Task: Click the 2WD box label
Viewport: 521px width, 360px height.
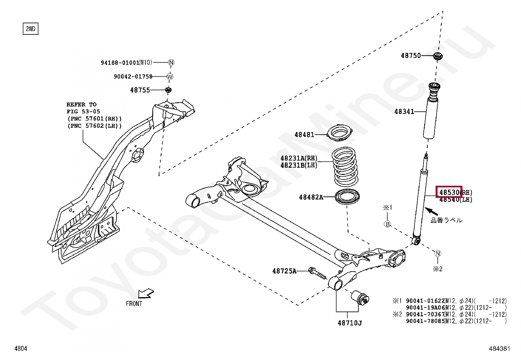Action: [30, 29]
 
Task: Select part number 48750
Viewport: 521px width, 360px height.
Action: [411, 56]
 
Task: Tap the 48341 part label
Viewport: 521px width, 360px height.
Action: [404, 112]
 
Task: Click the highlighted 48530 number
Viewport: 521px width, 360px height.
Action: [449, 192]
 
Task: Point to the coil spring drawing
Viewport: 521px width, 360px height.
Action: [345, 167]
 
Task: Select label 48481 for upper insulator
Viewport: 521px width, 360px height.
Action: [304, 135]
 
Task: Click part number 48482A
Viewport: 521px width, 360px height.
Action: [311, 197]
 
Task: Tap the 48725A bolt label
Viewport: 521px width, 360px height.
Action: [284, 271]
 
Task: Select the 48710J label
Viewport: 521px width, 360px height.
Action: [350, 323]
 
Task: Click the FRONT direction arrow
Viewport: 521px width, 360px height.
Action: [146, 294]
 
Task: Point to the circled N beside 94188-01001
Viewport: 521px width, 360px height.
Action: [171, 63]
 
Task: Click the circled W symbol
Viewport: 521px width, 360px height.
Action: [170, 77]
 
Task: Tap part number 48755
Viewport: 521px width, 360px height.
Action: [140, 90]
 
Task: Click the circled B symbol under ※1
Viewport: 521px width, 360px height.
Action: [387, 224]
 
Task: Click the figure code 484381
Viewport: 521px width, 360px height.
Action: [499, 349]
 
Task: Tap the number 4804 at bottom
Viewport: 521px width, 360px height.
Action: [21, 349]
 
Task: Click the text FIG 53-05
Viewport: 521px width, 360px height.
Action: [83, 112]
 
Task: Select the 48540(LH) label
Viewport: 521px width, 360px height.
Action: [456, 200]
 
